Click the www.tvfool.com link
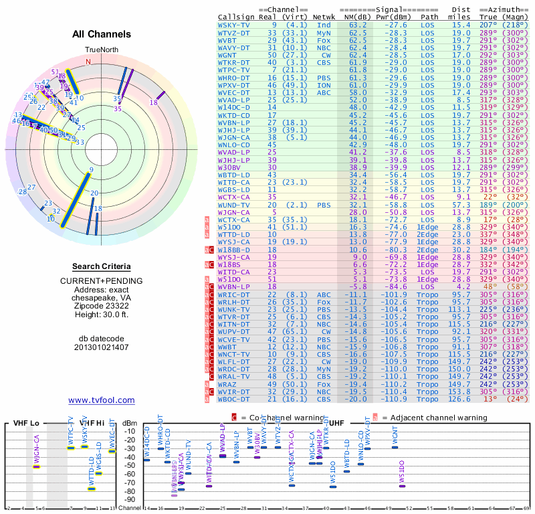101,400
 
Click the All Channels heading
101,34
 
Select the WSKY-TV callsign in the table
234,25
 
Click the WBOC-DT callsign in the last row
234,400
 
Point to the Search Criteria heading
101,266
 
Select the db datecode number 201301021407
101,347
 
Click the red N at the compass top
88,62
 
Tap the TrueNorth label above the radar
101,50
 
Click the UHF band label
337,424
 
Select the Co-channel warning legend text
272,418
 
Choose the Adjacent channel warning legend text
434,418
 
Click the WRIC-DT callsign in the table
234,294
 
